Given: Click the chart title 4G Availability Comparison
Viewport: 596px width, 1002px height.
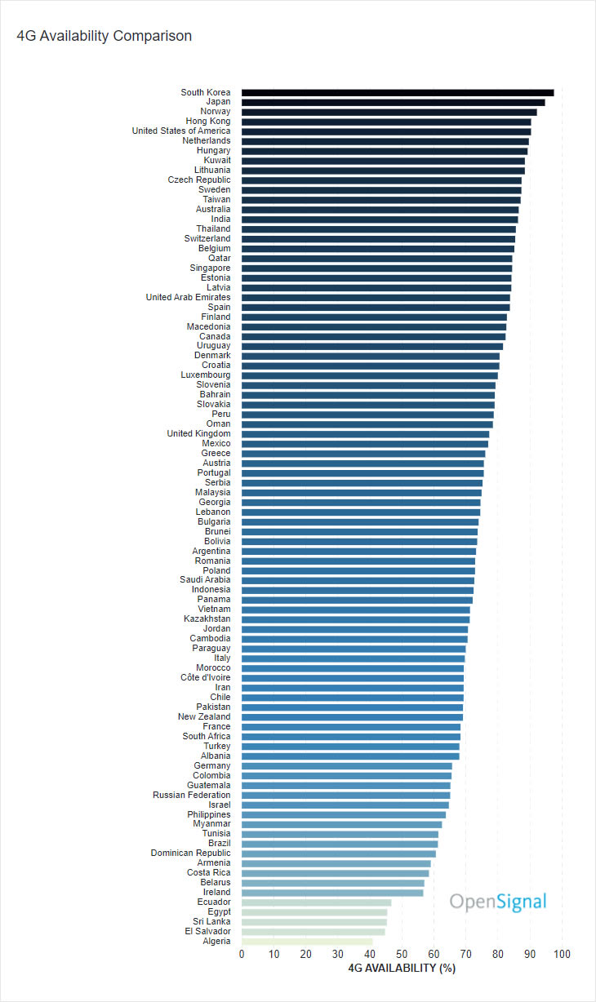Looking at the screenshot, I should click(x=105, y=36).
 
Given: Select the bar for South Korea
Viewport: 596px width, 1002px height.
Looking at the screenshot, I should click(x=398, y=93).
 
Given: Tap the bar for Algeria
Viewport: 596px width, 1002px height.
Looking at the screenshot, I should click(x=307, y=941).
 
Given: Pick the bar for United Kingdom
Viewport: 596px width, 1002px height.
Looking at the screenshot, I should click(x=365, y=434).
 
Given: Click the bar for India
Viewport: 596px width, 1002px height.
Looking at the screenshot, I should click(x=380, y=219).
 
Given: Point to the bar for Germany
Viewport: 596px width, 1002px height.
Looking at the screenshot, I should click(x=347, y=765).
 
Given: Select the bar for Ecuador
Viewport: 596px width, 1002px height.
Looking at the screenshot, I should click(x=316, y=902).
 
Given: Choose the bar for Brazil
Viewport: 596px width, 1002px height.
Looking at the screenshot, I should click(x=340, y=844).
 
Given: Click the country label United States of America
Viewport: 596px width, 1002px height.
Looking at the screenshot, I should click(x=181, y=131).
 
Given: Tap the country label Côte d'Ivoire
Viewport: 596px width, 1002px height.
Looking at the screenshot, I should click(x=206, y=677).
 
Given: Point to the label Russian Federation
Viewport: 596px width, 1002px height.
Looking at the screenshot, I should click(x=192, y=795).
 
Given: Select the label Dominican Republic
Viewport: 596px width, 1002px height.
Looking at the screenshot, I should click(x=190, y=853).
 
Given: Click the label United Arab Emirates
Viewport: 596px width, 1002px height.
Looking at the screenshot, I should click(x=188, y=297).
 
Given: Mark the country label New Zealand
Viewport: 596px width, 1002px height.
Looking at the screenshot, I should click(x=204, y=716).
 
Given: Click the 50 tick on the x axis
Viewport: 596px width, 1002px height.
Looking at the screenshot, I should click(x=402, y=954).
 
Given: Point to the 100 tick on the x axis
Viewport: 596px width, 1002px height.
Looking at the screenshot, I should click(x=562, y=954).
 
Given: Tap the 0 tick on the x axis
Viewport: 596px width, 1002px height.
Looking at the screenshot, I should click(x=242, y=954).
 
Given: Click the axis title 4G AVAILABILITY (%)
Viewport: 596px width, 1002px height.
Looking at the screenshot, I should click(x=402, y=969).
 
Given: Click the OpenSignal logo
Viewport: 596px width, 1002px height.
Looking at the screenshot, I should click(x=498, y=902).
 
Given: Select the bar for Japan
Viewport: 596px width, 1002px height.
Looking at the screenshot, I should click(x=393, y=103).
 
